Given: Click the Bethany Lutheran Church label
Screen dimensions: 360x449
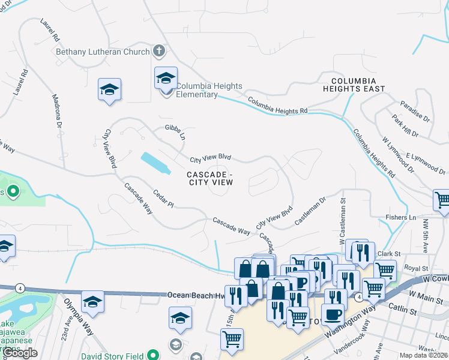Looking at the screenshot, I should [x=102, y=52].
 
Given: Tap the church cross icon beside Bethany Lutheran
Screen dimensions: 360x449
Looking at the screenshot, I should [x=159, y=51].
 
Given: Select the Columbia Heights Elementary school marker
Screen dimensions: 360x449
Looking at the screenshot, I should [x=166, y=79].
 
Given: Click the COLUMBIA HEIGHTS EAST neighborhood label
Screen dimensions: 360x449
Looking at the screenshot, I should [x=357, y=85].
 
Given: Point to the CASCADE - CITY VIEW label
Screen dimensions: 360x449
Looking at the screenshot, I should [x=209, y=178].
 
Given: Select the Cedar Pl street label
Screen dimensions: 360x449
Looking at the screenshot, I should [x=163, y=200].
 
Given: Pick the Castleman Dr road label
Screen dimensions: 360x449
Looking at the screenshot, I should [x=310, y=211].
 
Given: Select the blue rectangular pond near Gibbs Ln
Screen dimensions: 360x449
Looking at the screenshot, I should [x=155, y=163].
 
